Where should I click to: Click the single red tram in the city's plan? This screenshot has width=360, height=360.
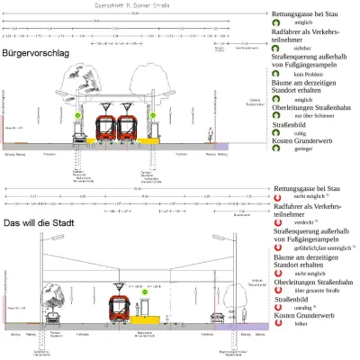tap(121, 307)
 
